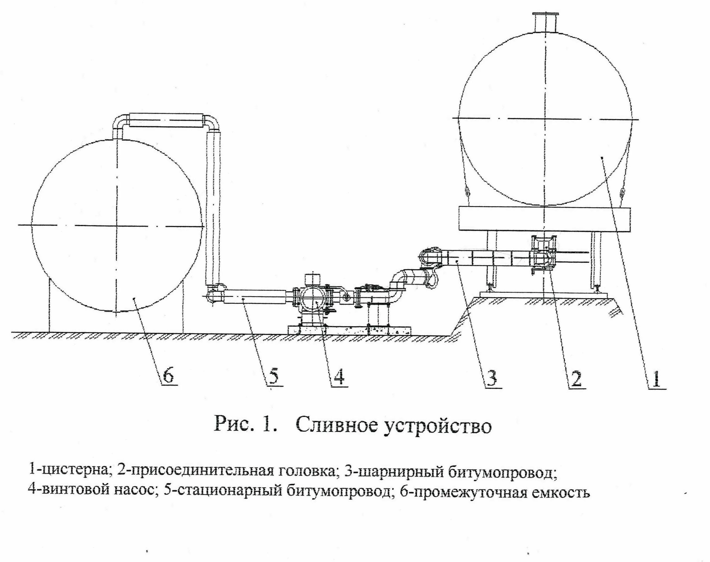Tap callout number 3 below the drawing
click(x=492, y=378)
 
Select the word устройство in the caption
click(x=438, y=426)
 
